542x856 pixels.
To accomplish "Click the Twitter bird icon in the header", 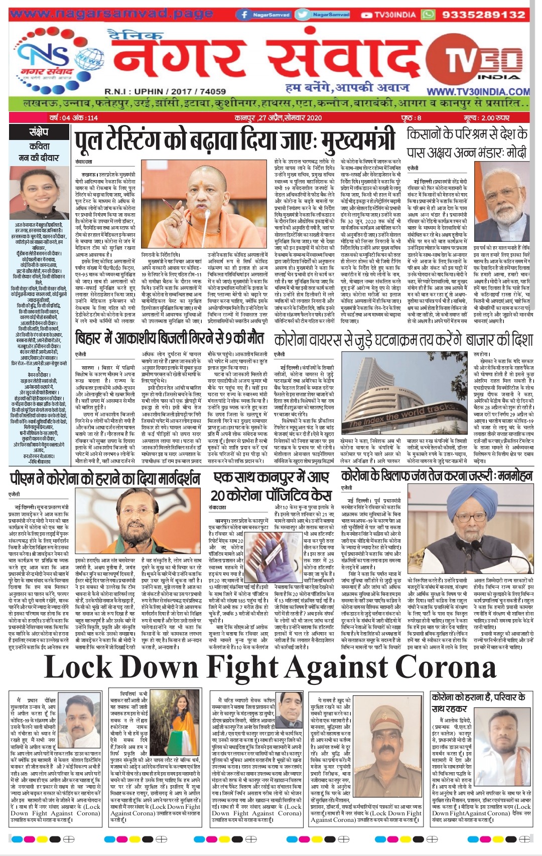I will click(x=304, y=15).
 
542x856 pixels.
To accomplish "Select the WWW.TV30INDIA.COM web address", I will click(x=477, y=92).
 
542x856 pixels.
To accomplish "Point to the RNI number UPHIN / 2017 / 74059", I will click(x=165, y=91).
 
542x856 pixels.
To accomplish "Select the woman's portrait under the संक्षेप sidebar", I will click(x=39, y=193).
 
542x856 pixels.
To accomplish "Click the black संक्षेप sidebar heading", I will click(x=39, y=132).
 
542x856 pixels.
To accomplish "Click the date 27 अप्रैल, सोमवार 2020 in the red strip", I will click(x=278, y=118).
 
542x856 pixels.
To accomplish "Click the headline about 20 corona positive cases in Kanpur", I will click(x=272, y=486).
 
